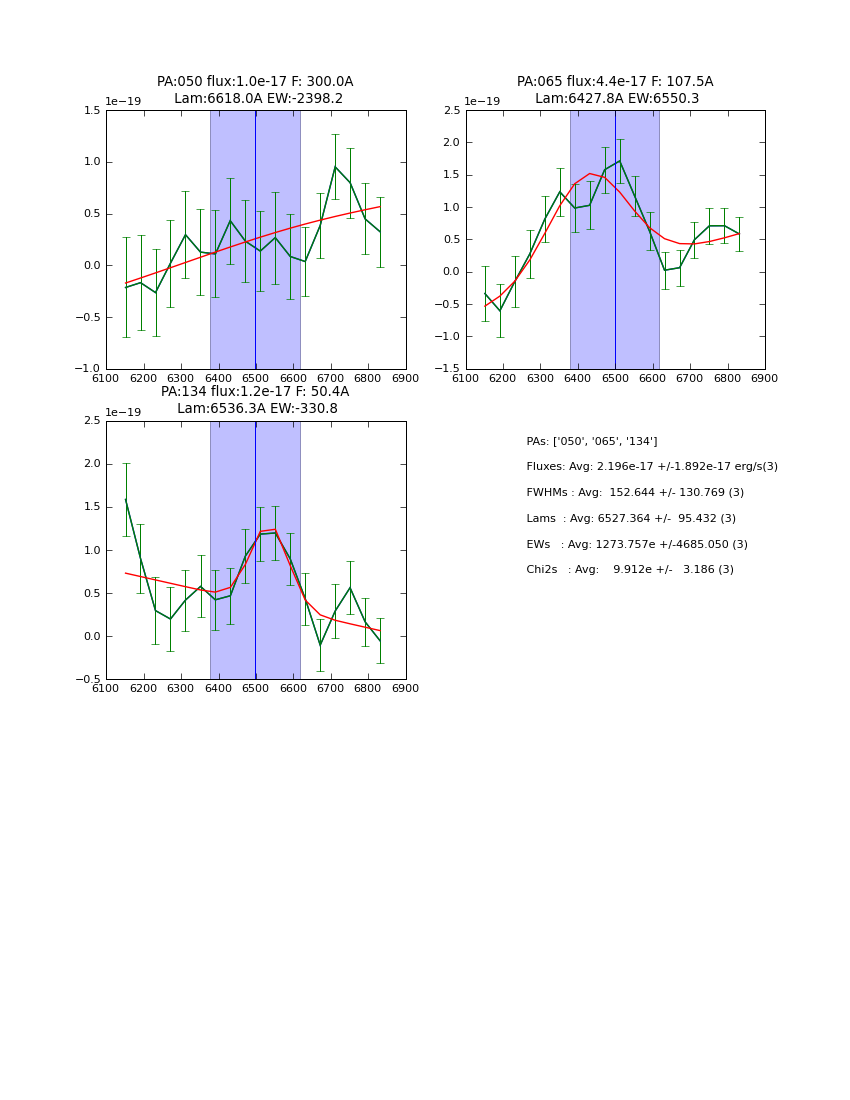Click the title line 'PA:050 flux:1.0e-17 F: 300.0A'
click(x=255, y=82)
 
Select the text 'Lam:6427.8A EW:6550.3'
click(x=616, y=99)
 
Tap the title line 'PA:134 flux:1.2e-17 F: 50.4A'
click(x=255, y=392)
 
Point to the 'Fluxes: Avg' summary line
click(x=651, y=467)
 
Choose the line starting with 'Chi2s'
click(x=629, y=570)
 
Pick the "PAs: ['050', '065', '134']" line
click(x=591, y=441)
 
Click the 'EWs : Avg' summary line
click(x=636, y=545)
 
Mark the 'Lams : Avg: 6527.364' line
click(x=631, y=519)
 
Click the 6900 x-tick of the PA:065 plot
click(x=765, y=378)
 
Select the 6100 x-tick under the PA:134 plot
click(x=106, y=688)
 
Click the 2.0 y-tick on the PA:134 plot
click(x=92, y=464)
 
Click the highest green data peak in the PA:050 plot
click(x=335, y=167)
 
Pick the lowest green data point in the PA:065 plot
click(x=500, y=311)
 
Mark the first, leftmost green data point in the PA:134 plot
click(x=126, y=500)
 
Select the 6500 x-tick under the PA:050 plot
click(x=255, y=378)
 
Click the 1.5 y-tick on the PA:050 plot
click(x=92, y=111)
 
